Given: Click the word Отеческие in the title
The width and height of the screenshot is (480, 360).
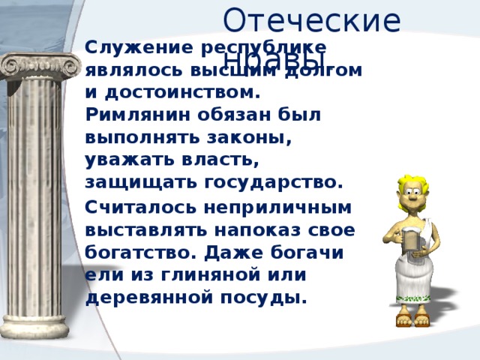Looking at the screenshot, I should [x=311, y=20].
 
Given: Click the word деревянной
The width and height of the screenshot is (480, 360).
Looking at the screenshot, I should [x=153, y=297].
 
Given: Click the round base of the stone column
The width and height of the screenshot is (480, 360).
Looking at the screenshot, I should [x=41, y=330].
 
